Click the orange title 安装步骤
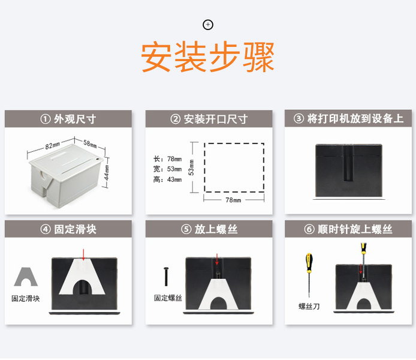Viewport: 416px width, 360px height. click(x=207, y=57)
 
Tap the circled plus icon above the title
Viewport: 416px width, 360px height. click(x=208, y=25)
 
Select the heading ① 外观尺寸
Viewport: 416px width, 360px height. click(x=68, y=119)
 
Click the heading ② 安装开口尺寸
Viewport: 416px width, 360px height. click(x=209, y=119)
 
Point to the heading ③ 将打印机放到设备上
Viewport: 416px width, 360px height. click(x=348, y=118)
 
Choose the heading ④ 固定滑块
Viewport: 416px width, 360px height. click(x=68, y=229)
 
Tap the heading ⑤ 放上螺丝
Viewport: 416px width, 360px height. click(x=209, y=229)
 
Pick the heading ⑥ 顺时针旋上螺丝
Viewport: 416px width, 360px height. click(x=348, y=229)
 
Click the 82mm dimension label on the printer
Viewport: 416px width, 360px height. click(x=53, y=146)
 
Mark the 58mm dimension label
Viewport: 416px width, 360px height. click(x=90, y=144)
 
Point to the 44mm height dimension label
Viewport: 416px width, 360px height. click(x=106, y=173)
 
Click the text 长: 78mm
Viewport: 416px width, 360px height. click(x=167, y=159)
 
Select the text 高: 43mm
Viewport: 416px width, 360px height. click(x=167, y=180)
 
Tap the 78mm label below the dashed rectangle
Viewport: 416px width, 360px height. click(x=233, y=200)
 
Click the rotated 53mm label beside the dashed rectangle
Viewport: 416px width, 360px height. click(x=191, y=167)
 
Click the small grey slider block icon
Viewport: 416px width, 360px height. click(x=26, y=277)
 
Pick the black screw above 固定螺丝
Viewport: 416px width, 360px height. click(x=166, y=277)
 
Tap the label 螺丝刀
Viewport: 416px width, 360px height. click(x=309, y=307)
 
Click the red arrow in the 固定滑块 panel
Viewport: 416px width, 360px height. click(x=83, y=255)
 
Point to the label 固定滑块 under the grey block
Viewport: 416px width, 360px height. click(x=25, y=298)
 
